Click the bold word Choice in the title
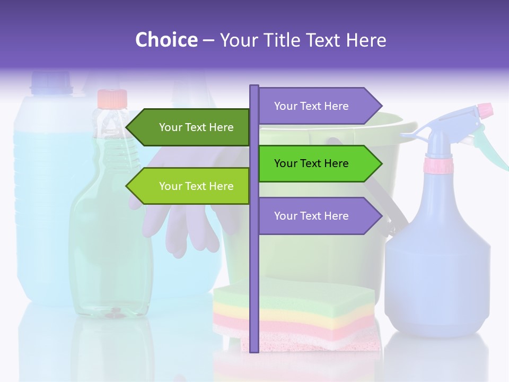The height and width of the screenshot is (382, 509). (x=166, y=40)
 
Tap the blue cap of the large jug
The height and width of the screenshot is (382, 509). (x=51, y=83)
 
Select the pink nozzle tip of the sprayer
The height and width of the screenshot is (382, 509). (x=485, y=110)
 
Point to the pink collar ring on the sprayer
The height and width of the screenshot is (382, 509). (x=438, y=166)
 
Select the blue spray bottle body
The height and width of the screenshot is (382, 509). (x=437, y=265)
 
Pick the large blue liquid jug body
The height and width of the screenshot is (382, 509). (x=42, y=212)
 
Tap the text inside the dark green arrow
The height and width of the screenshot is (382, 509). (x=196, y=127)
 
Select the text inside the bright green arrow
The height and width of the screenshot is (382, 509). (x=311, y=163)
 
